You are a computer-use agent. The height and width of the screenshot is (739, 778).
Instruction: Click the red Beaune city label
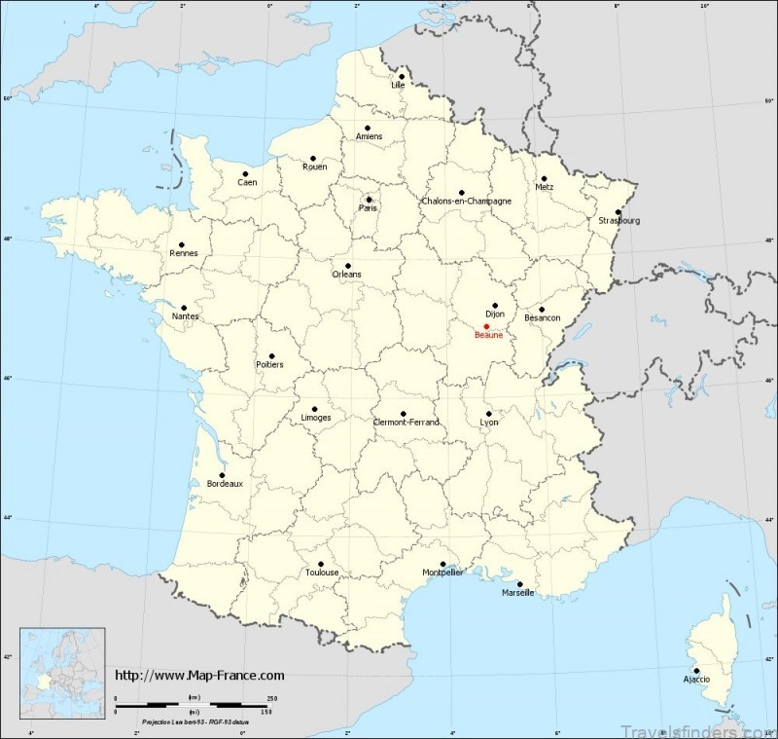click(x=488, y=335)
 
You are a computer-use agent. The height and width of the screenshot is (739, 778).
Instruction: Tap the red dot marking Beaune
click(x=486, y=326)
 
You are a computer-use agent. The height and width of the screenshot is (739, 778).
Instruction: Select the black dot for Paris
click(x=369, y=199)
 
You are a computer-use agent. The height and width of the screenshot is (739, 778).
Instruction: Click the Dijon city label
click(x=496, y=314)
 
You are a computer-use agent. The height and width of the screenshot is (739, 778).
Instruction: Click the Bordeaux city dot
click(x=223, y=475)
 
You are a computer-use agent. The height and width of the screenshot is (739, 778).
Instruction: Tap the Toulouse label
click(x=322, y=573)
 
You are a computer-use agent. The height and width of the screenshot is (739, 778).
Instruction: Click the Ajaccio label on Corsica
click(x=695, y=679)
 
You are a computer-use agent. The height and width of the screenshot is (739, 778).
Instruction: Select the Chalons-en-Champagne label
click(x=467, y=202)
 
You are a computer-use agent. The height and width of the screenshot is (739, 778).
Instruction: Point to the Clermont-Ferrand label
click(x=407, y=422)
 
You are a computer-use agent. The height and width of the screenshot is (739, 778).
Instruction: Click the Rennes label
click(x=183, y=254)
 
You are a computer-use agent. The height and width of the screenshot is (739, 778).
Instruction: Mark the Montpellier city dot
click(x=443, y=563)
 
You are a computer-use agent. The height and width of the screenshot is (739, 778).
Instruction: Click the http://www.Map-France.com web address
click(x=199, y=675)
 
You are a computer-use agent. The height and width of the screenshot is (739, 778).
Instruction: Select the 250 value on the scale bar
click(x=271, y=698)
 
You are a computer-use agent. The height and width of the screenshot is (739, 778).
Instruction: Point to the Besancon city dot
click(x=542, y=309)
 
